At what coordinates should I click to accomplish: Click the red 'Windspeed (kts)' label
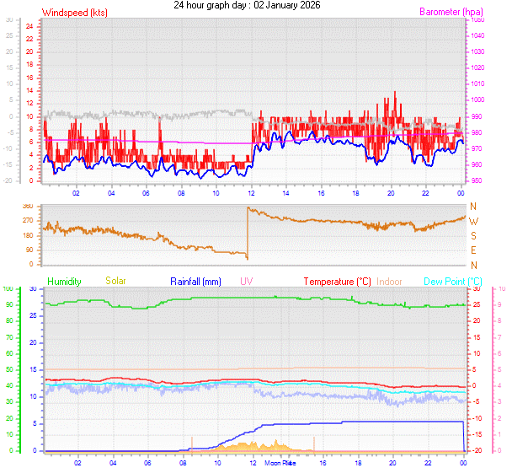[x=74, y=13]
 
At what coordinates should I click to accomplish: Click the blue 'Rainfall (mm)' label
[x=195, y=281]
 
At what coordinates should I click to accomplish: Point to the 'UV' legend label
[x=246, y=281]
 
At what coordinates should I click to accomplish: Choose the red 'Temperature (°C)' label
[x=337, y=281]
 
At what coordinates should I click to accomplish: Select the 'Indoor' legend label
[x=389, y=281]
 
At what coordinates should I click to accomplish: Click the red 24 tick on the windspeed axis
[x=29, y=25]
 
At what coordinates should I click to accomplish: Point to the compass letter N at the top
[x=472, y=207]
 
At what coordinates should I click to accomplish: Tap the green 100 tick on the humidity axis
[x=8, y=289]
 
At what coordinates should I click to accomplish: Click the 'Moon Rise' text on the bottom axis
[x=280, y=464]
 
